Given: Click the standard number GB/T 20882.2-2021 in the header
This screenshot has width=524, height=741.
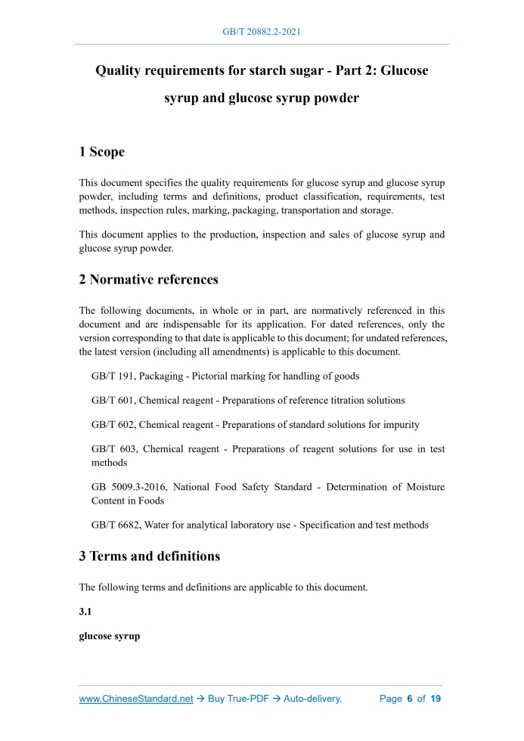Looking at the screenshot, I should click(x=262, y=33).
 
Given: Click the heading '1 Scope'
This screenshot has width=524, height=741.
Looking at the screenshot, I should click(x=102, y=152).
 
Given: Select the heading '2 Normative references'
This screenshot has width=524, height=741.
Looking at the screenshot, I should click(x=149, y=280).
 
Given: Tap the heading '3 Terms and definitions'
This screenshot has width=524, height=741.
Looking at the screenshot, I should click(x=150, y=557).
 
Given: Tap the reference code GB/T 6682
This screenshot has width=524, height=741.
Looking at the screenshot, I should click(x=115, y=525).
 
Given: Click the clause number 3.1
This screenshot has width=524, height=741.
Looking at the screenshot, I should click(x=85, y=612).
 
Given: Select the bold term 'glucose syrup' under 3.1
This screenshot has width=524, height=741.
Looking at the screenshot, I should click(x=110, y=637).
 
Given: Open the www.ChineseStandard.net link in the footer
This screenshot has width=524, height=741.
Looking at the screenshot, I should click(x=136, y=699).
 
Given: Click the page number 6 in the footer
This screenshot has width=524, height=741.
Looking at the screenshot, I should click(x=409, y=699).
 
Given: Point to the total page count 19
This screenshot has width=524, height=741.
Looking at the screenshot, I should click(x=436, y=699).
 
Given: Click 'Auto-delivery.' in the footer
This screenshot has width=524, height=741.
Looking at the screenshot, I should click(x=312, y=699).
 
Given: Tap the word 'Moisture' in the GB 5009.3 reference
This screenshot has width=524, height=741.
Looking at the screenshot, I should click(x=423, y=487).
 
